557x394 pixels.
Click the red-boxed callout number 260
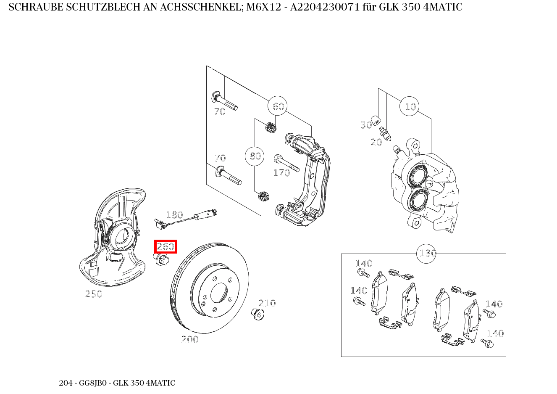point(166,246)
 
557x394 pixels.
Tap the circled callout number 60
point(278,106)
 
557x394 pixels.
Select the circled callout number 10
point(409,106)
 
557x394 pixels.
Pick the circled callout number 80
point(255,156)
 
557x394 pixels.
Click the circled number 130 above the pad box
point(426,254)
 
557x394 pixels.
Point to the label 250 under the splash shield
point(94,294)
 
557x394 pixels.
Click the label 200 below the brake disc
point(190,339)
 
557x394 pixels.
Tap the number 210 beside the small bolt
point(267,303)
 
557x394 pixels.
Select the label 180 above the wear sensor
point(175,214)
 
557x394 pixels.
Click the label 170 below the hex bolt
point(281,173)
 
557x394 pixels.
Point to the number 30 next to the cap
point(366,125)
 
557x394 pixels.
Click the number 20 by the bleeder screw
point(376,142)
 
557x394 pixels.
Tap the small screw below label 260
point(161,259)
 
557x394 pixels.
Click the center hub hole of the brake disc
point(219,293)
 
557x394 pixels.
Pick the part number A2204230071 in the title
point(325,7)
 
